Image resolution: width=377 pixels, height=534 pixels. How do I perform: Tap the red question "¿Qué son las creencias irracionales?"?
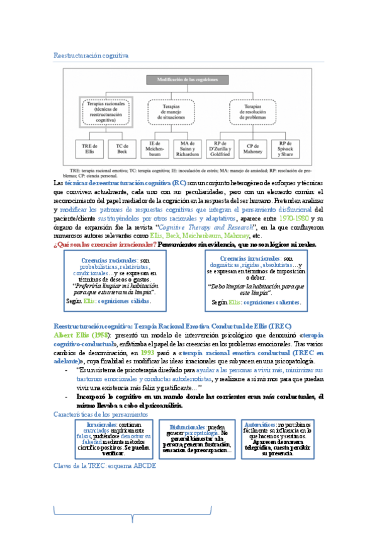(x=105, y=244)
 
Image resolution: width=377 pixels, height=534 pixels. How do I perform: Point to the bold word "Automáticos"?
(x=263, y=426)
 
